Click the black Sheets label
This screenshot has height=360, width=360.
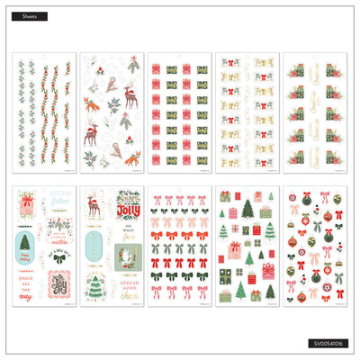point(31,16)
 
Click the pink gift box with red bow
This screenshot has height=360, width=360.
point(268,270)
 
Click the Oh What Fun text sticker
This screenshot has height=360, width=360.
point(123,238)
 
